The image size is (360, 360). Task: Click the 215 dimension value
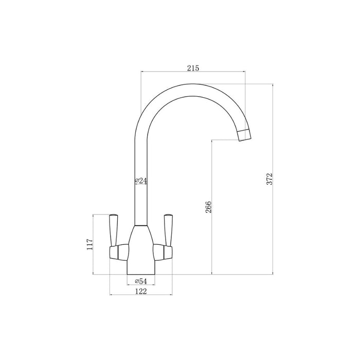(x=193, y=68)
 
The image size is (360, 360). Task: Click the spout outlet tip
(x=245, y=136)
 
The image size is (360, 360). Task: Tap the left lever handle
(x=114, y=227)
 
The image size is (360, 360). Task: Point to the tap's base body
(x=140, y=257)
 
